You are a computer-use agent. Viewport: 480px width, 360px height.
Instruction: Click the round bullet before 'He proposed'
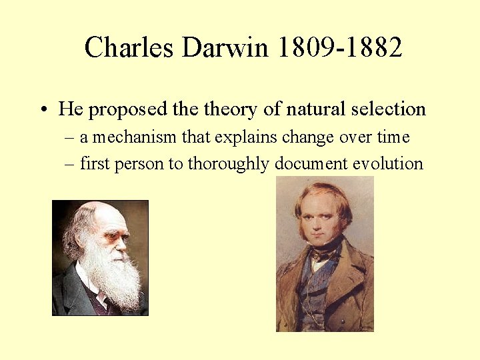tap(42, 109)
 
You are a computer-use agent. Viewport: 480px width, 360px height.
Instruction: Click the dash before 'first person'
tap(71, 164)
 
